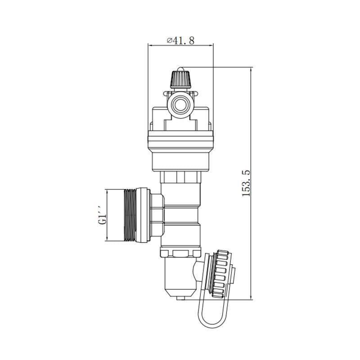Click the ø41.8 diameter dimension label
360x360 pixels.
click(180, 40)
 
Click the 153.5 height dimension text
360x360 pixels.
click(246, 183)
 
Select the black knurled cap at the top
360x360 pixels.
click(180, 80)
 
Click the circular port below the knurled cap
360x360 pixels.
click(180, 105)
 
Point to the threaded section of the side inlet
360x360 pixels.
click(130, 215)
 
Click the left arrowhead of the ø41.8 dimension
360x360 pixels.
click(150, 45)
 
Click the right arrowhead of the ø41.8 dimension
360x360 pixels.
click(211, 45)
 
